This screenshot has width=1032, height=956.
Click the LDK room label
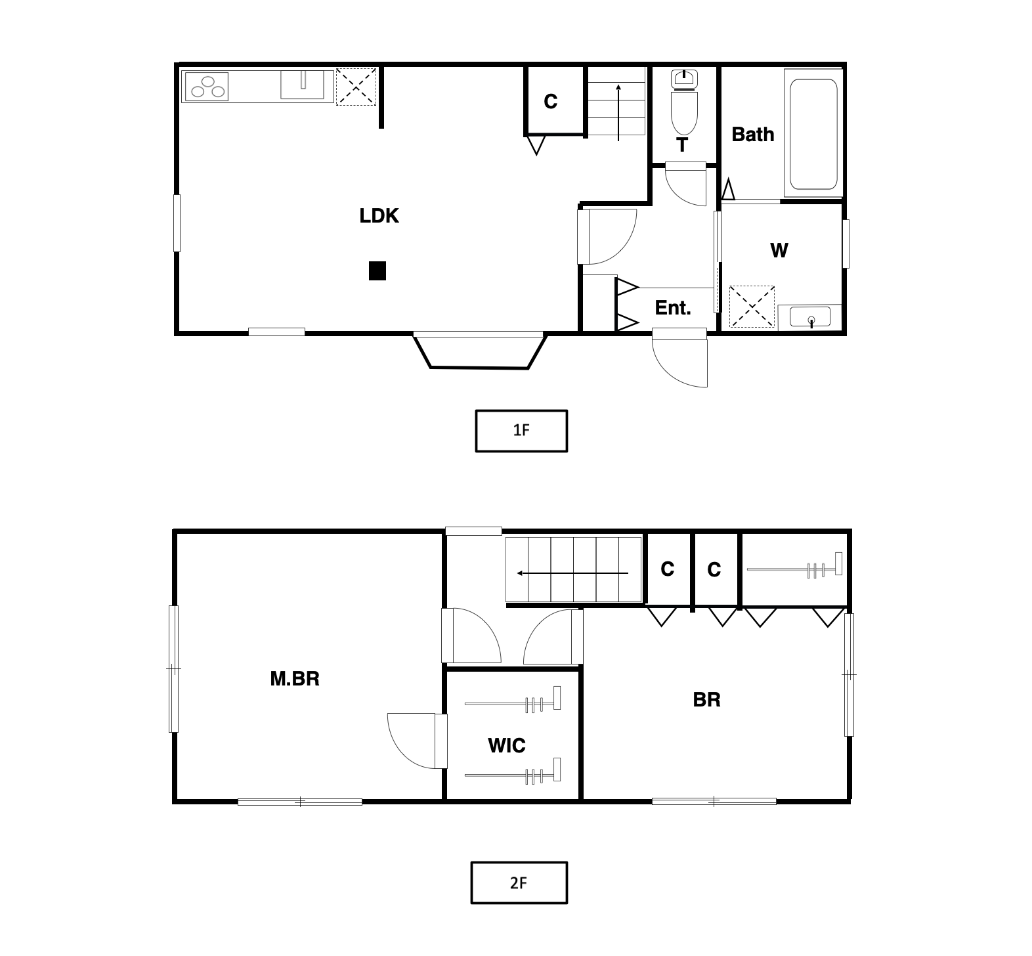coord(379,216)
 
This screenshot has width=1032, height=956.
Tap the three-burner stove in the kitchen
coord(206,87)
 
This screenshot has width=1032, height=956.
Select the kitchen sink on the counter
coord(303,85)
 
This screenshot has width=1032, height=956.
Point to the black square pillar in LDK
coord(377,271)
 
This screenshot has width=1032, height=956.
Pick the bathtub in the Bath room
coord(813,134)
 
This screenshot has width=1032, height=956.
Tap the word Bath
coord(752,135)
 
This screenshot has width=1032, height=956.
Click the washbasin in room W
coord(810,318)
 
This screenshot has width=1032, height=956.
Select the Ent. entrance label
coord(673,308)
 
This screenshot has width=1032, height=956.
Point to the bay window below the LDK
coord(479,352)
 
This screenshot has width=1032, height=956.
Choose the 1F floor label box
coord(521,431)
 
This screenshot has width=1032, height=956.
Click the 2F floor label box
coord(519,882)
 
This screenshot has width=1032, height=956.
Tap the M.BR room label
coord(295,678)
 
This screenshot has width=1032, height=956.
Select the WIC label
coord(507,746)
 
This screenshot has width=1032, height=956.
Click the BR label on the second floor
coord(706,700)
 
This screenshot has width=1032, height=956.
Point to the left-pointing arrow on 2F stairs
coord(572,573)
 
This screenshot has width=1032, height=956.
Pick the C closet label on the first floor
coord(550,102)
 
